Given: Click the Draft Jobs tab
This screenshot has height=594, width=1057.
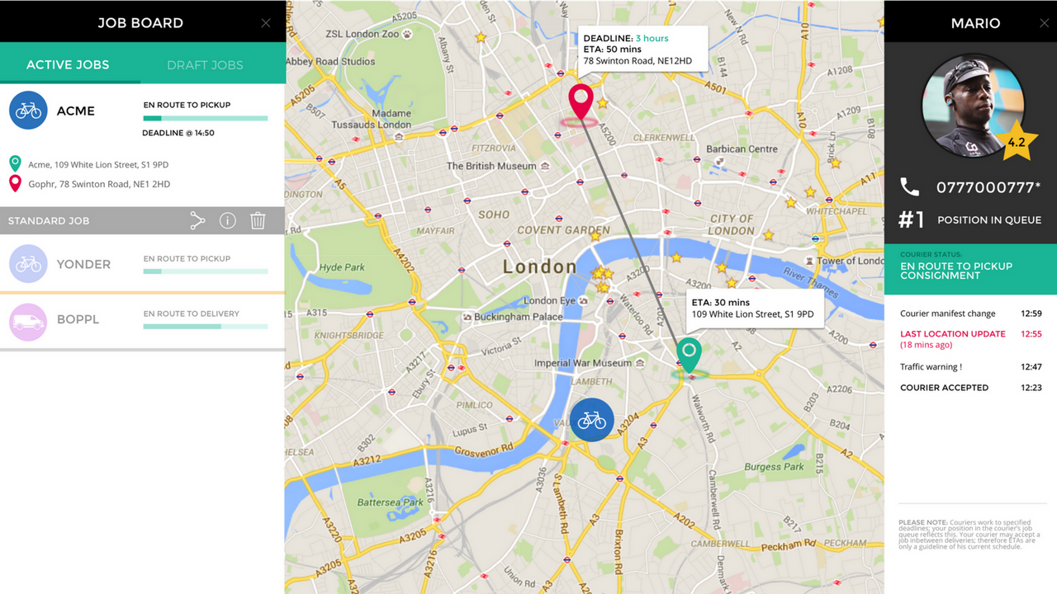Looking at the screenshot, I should click(205, 65).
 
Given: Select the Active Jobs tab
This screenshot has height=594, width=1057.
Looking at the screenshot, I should click(68, 65).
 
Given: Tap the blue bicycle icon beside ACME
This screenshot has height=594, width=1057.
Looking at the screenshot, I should click(28, 111).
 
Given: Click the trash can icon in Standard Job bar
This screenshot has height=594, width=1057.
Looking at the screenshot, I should click(258, 220).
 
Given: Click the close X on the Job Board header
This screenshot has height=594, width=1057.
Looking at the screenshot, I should click(266, 23).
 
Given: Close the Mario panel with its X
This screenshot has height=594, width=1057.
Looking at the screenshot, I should click(1044, 23).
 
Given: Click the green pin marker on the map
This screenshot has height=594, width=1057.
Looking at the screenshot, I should click(689, 354).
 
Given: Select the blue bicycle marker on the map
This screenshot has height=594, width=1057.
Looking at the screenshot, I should click(591, 420).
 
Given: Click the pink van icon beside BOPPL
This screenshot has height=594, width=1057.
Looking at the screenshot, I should click(28, 320).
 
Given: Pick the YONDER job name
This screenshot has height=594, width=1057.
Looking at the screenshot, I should click(83, 265).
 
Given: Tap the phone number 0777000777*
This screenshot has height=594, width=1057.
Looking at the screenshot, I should click(988, 188).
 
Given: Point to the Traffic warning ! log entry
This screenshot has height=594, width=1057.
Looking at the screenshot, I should click(931, 367).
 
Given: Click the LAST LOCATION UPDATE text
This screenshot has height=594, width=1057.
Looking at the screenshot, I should click(953, 334).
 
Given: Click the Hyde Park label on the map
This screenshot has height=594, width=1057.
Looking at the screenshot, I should click(342, 267).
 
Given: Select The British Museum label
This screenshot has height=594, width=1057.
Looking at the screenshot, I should click(491, 166).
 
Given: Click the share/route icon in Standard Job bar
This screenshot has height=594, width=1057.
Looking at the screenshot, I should click(197, 220).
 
